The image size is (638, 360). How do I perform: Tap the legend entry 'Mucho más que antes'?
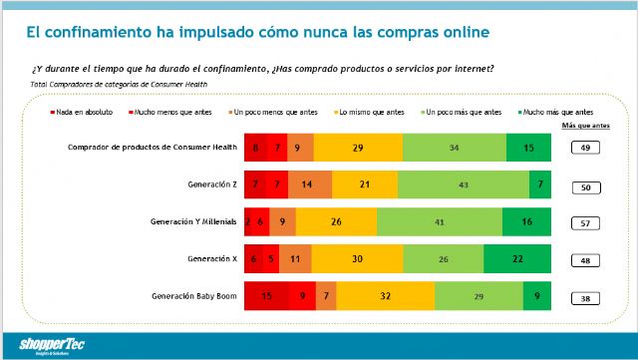click(557, 113)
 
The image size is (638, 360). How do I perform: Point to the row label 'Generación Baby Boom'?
click(196, 296)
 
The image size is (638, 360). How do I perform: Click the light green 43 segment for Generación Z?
click(463, 185)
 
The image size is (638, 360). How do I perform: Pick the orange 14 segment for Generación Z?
click(310, 185)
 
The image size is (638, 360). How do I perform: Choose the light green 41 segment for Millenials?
click(440, 222)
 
